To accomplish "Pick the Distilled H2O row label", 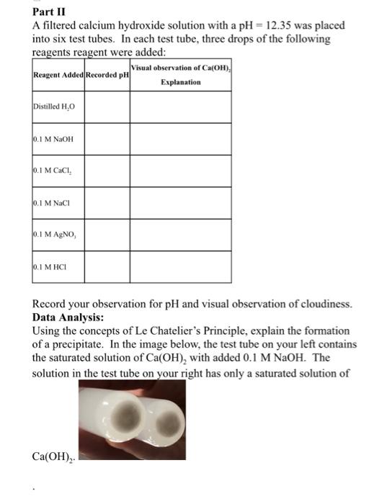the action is pyautogui.click(x=54, y=107).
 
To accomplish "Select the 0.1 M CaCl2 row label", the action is pyautogui.click(x=54, y=171).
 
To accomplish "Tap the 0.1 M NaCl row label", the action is pyautogui.click(x=53, y=203).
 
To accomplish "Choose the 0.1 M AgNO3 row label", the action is pyautogui.click(x=55, y=235).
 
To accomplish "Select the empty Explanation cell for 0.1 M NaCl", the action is pyautogui.click(x=181, y=203).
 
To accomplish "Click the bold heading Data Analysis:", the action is pyautogui.click(x=68, y=317).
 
